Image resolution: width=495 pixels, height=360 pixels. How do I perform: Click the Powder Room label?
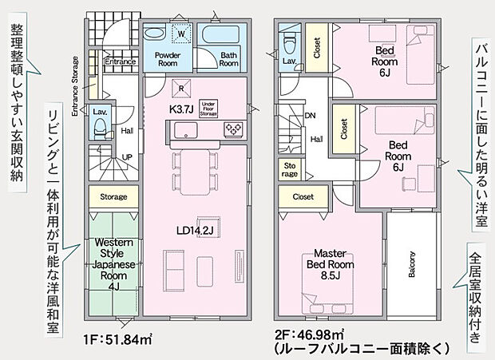point(168,59)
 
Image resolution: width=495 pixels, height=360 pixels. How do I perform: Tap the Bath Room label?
point(229,59)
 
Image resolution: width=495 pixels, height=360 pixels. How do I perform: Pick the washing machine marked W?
point(181,34)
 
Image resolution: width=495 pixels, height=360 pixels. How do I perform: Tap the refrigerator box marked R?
point(183,89)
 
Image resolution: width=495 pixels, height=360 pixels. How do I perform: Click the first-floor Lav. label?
point(100,113)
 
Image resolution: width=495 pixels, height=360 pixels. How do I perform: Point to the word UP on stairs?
point(127,156)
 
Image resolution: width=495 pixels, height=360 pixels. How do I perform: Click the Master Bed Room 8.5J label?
point(325,263)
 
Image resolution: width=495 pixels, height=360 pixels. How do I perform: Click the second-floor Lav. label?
point(289,61)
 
